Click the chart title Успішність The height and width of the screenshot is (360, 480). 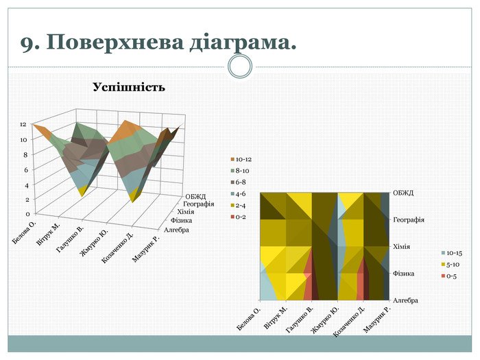pos(129,88)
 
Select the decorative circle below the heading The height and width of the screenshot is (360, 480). pos(240,67)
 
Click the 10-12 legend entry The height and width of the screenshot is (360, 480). pos(243,159)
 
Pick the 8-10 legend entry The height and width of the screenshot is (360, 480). pos(243,171)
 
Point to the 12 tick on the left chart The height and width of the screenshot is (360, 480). pos(23,125)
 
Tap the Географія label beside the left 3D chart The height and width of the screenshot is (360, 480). pos(198,204)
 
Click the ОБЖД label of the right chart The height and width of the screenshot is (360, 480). pos(403,193)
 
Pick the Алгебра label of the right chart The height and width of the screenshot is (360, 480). pos(405,300)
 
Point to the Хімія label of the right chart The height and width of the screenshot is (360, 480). pos(403,245)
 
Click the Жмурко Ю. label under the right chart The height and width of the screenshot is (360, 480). pos(324,321)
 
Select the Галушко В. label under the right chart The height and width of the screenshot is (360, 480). pos(299,321)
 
